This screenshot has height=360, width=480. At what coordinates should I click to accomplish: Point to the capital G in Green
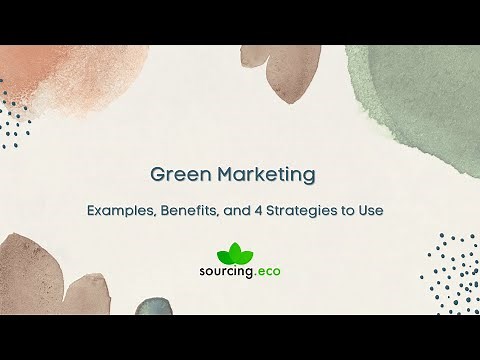[156, 176]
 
